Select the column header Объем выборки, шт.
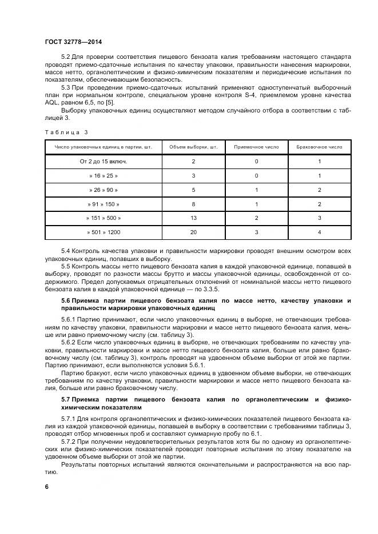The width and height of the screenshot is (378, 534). (194, 147)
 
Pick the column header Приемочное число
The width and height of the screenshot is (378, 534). (257, 147)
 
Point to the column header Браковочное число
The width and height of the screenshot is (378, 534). (320, 147)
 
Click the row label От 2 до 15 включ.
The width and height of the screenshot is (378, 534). (104, 162)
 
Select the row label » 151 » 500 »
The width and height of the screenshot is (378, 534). (104, 218)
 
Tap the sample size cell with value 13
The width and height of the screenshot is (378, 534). (194, 218)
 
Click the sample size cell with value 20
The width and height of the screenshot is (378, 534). (194, 232)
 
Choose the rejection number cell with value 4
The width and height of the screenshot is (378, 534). (320, 232)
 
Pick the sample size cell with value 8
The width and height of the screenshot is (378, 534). (194, 204)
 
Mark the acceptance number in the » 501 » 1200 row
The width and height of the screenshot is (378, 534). (257, 232)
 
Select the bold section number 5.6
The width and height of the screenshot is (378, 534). (67, 300)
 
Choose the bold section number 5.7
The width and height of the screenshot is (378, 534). (67, 398)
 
